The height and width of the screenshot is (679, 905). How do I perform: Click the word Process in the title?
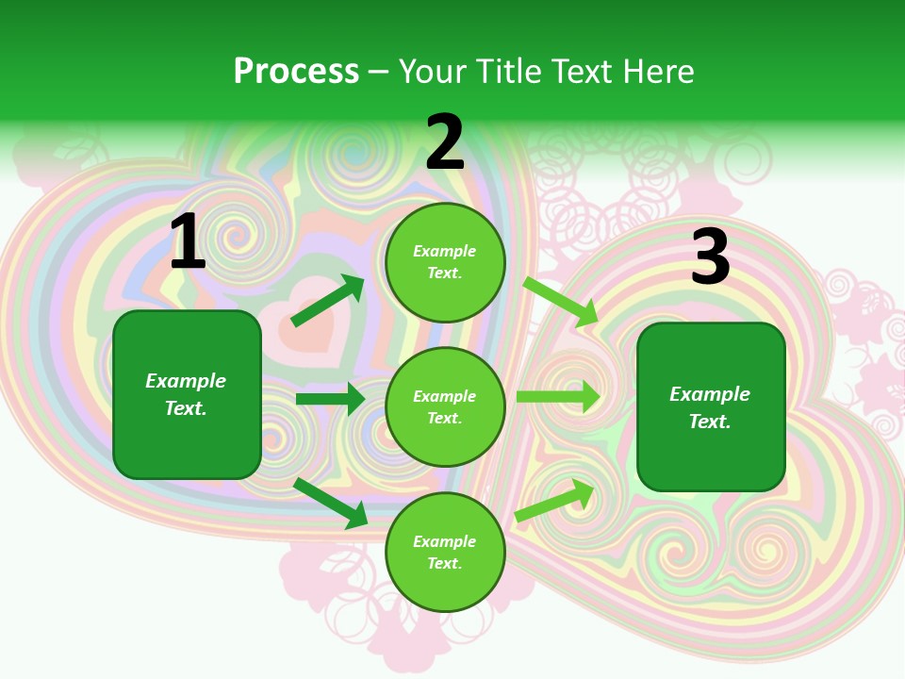[296, 72]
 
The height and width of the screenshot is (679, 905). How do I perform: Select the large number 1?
[188, 242]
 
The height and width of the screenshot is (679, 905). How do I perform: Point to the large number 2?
[445, 143]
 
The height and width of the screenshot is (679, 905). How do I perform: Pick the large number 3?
[710, 257]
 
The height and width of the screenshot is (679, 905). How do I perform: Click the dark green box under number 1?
[187, 394]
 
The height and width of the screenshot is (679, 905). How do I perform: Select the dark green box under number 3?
[711, 407]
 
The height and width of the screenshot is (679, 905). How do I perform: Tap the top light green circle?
[445, 262]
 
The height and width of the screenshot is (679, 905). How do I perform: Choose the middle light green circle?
[445, 406]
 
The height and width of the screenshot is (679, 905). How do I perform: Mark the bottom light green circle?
[445, 552]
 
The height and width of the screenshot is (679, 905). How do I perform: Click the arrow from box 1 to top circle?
[326, 302]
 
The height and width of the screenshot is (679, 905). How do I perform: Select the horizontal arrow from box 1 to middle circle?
[330, 399]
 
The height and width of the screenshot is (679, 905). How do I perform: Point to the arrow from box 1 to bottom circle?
[330, 503]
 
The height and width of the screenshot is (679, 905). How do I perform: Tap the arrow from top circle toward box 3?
[561, 302]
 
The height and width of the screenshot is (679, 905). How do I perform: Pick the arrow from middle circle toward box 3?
[557, 397]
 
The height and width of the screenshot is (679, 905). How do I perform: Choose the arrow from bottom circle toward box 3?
[554, 501]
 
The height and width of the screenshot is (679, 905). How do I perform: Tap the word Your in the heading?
[432, 72]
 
